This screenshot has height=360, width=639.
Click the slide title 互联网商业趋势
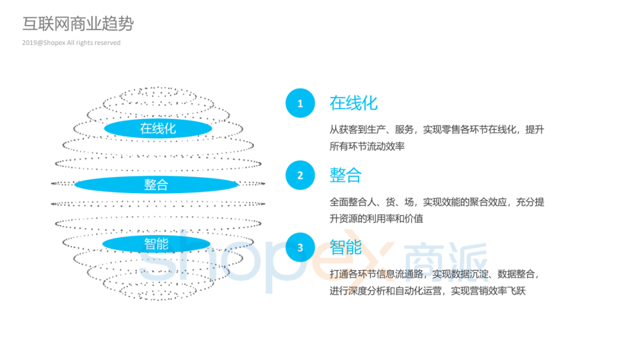[x=78, y=24]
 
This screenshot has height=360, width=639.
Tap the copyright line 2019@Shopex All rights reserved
[x=71, y=43]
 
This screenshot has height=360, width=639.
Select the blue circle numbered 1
[x=300, y=104]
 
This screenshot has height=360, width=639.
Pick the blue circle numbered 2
[x=300, y=175]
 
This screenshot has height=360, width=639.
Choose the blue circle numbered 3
[x=300, y=247]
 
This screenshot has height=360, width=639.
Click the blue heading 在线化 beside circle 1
[x=353, y=103]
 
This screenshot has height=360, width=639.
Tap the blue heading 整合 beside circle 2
[x=346, y=175]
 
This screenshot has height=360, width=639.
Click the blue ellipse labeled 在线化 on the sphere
[x=158, y=128]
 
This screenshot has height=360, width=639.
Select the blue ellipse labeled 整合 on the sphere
[x=156, y=185]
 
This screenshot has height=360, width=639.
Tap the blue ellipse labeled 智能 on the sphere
[x=156, y=243]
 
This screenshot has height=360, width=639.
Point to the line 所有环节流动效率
[x=367, y=146]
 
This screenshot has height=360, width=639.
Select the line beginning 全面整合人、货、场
[x=437, y=202]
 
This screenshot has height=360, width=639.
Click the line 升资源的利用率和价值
[x=376, y=218]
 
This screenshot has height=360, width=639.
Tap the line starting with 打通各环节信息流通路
[x=434, y=274]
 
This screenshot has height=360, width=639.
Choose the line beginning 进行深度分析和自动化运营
[x=427, y=291]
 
